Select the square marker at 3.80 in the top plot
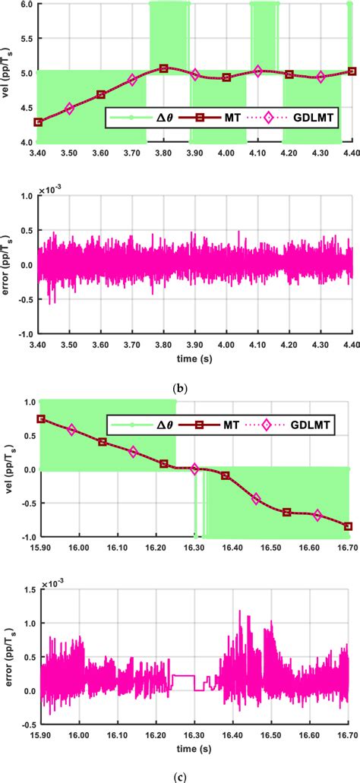[163, 68]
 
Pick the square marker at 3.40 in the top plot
[38, 122]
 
